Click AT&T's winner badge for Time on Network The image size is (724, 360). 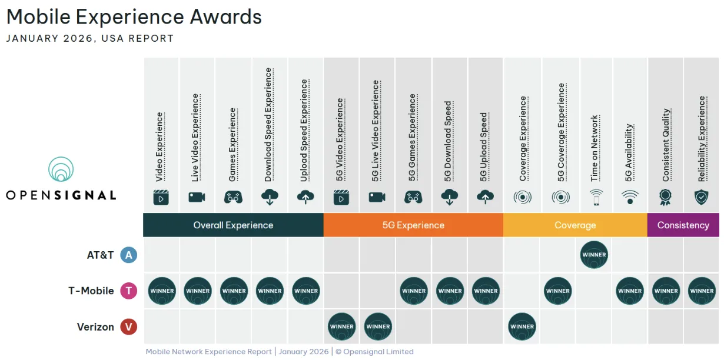pos(593,255)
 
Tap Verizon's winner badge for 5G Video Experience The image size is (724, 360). pos(342,326)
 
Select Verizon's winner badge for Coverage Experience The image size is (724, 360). pos(522,326)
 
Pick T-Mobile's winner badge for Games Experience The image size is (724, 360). pos(234,291)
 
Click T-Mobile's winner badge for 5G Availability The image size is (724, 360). pos(630,291)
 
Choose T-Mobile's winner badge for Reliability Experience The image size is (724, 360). pos(702,291)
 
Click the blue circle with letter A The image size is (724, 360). pos(128,255)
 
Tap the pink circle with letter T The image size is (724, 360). pos(128,291)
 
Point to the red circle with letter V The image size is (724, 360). pos(128,326)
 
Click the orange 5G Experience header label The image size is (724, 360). pos(413,225)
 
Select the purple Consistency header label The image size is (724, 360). pos(683,225)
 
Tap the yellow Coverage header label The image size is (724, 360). pos(575,225)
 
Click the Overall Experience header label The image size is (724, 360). pos(233,225)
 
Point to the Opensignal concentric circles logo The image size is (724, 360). pos(61,169)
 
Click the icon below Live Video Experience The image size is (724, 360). pos(197,197)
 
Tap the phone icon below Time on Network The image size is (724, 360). pos(596,197)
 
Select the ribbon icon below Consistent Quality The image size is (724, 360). pos(666,197)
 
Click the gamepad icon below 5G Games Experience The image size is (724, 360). pos(413,197)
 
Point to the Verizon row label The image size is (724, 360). pos(95,326)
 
